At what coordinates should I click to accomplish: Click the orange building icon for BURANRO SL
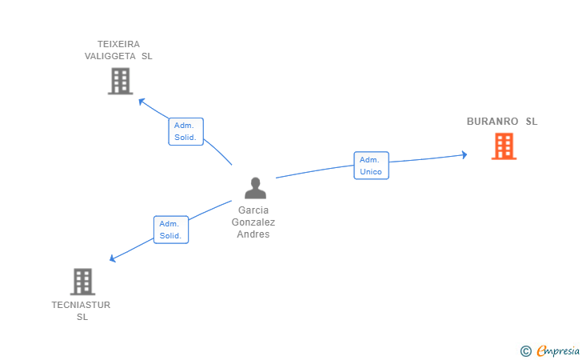(504, 146)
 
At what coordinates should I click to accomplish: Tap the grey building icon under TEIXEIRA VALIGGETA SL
(120, 81)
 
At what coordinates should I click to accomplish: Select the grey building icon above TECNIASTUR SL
(82, 282)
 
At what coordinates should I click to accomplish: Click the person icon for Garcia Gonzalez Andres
(255, 188)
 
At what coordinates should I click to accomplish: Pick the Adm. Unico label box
(371, 166)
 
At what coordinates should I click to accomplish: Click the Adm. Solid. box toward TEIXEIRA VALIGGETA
(186, 131)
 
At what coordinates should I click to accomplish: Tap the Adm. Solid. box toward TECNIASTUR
(170, 230)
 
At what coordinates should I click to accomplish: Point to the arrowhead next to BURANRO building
(464, 154)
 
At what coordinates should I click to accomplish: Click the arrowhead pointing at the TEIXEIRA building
(142, 101)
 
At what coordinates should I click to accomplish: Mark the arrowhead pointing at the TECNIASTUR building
(114, 258)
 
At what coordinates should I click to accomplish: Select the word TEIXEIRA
(118, 44)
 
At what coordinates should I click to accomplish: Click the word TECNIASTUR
(81, 305)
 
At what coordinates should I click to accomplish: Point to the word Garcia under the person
(253, 210)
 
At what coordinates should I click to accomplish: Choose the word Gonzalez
(253, 222)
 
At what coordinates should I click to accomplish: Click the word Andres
(253, 234)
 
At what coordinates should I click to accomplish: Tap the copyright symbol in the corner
(525, 350)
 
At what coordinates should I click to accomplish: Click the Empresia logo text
(558, 350)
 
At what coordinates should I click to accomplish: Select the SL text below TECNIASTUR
(82, 317)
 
